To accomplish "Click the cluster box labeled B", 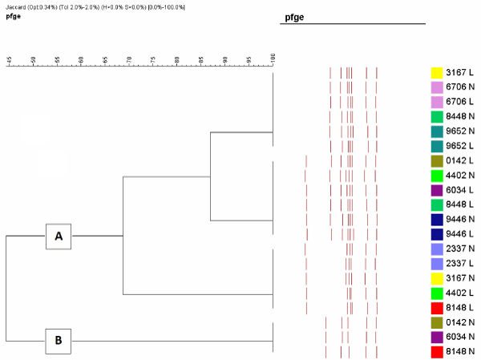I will (58, 340).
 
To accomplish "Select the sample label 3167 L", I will (461, 72).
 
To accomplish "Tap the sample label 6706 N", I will (461, 87).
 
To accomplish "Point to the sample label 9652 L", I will (461, 146).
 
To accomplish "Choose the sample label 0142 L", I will (461, 160).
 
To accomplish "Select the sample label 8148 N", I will (461, 352).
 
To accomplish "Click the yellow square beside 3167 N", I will (438, 278).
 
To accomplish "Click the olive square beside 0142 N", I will (438, 322).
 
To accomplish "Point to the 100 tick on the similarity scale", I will (273, 59).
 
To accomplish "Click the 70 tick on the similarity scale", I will (129, 59).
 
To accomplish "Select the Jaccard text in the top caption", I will (19, 6).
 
